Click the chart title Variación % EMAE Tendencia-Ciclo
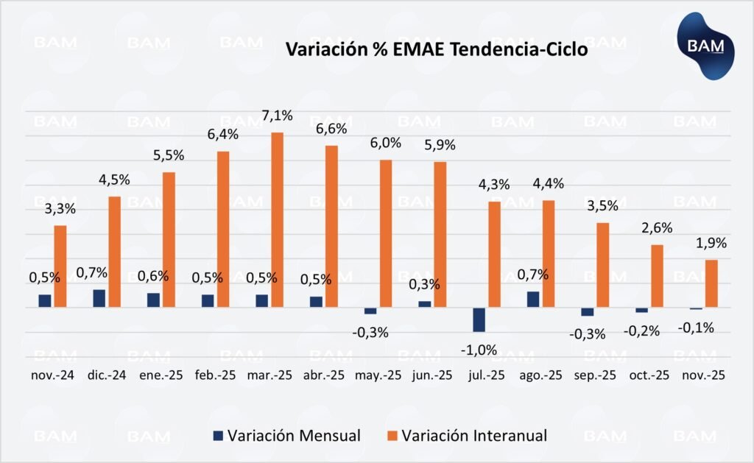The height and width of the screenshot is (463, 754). pos(437,50)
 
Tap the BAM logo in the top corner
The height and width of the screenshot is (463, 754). pos(706,46)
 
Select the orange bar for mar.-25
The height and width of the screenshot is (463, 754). pos(278,219)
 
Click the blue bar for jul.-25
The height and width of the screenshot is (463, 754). pos(479,319)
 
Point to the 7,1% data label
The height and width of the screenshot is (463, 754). pos(278,116)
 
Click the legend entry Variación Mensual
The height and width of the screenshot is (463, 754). pos(286,435)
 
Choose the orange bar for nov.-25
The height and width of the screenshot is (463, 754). pos(711,283)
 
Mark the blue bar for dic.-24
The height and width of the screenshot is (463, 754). pos(99,298)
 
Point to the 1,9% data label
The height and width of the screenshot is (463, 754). pos(711,243)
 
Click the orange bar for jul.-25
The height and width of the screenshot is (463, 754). pos(494,254)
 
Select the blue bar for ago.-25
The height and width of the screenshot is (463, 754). pos(532,299)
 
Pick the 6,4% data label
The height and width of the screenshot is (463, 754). pos(223,135)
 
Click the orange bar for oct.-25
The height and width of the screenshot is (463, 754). pos(657,275)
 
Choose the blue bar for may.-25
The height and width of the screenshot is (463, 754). pos(370,311)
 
